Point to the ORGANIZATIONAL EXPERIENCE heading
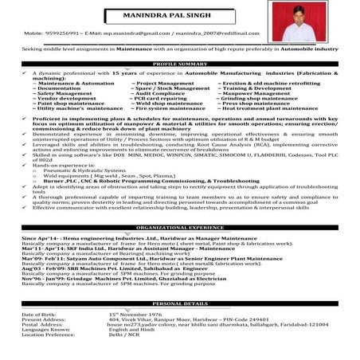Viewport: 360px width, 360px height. (x=179, y=227)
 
